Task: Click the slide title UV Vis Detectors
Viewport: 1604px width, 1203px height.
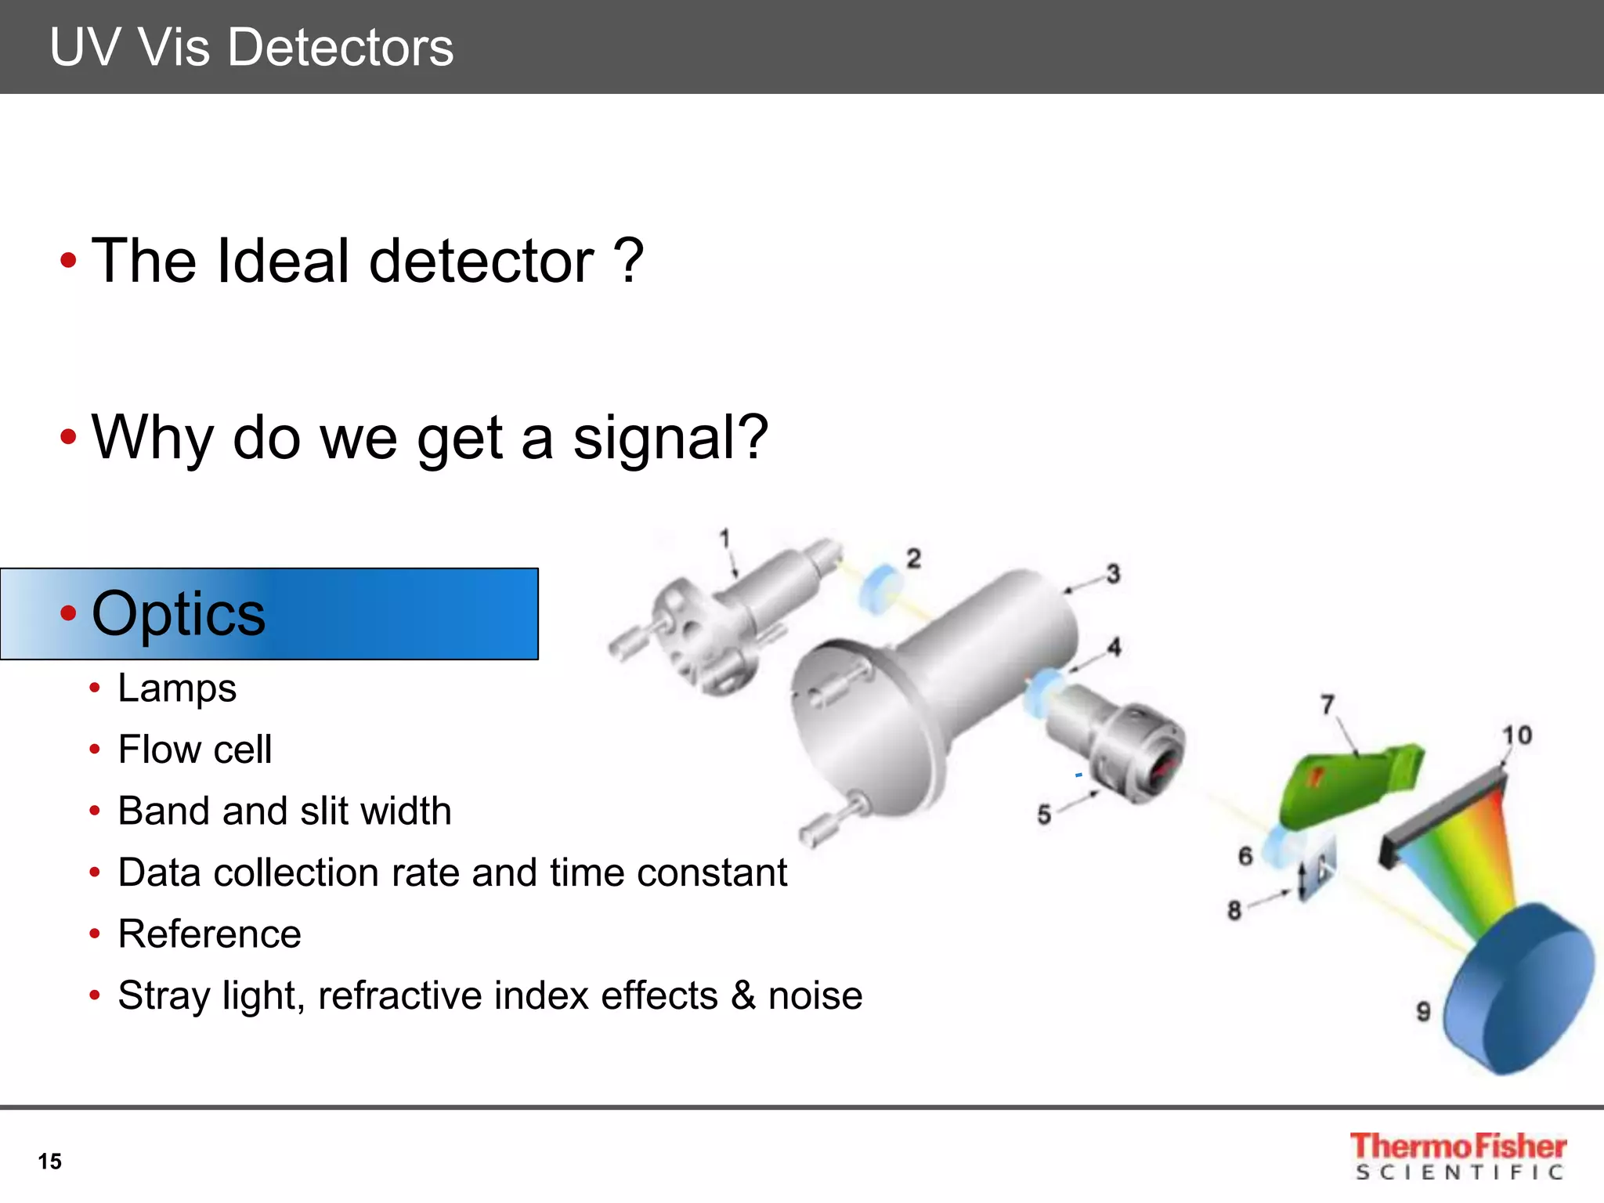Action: (x=251, y=47)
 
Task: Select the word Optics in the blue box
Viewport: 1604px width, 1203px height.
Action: (x=179, y=613)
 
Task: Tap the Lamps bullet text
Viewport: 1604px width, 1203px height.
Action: (x=177, y=688)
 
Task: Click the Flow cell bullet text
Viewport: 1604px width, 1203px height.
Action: (x=195, y=750)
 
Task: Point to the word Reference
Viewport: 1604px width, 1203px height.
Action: (x=209, y=934)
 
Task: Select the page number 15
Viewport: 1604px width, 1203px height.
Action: (x=49, y=1161)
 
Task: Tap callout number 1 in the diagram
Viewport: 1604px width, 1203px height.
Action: (x=724, y=538)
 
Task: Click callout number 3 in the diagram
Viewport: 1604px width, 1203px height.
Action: (x=1113, y=573)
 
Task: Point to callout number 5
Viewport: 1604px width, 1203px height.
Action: (x=1044, y=815)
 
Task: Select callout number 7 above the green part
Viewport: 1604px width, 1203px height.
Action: (x=1328, y=705)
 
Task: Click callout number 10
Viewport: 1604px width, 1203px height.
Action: (x=1516, y=735)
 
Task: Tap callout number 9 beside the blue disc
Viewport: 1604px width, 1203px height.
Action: (x=1423, y=1011)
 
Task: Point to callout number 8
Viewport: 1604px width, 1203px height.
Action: (x=1234, y=910)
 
